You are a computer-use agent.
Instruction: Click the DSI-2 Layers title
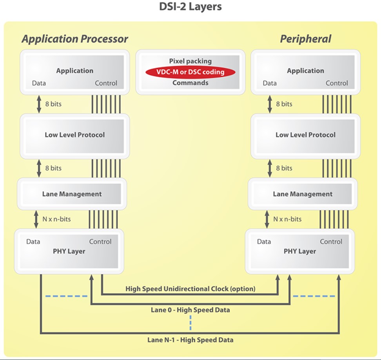pos(190,7)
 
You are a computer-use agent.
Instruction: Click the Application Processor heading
pos(74,39)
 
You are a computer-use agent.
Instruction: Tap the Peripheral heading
pos(305,39)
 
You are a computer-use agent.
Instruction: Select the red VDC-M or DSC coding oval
pos(190,72)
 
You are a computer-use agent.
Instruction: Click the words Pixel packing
pos(190,61)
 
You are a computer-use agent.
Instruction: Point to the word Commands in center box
pos(190,83)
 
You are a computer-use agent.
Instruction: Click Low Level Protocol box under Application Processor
pos(74,135)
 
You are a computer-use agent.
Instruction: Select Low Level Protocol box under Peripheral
pos(305,135)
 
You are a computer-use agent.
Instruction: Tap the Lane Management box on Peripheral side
pos(302,194)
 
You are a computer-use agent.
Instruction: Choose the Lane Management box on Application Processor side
pos(72,194)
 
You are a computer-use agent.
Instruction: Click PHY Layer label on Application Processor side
pos(69,251)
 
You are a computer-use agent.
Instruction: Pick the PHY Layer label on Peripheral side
pos(300,251)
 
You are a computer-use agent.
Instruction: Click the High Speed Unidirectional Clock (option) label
pos(190,289)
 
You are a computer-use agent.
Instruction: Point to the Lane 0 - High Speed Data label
pos(190,310)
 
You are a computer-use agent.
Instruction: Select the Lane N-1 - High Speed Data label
pos(190,340)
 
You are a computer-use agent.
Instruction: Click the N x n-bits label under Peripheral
pos(287,219)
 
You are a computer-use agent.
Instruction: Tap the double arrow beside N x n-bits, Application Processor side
pos(36,219)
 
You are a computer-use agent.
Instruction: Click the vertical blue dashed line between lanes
pos(190,323)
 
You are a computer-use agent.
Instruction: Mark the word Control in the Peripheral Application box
pos(337,83)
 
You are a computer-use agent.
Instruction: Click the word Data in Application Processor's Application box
pos(39,83)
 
